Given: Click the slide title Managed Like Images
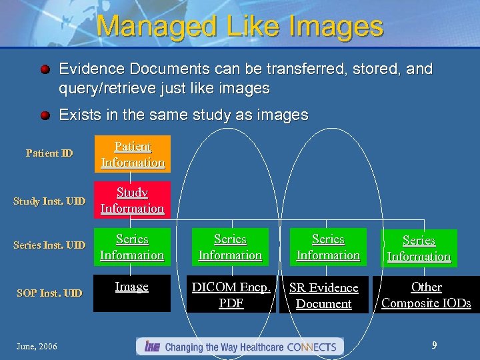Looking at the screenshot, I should point(240,26).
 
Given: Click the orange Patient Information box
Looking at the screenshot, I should point(132,154).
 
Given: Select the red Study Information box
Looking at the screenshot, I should point(132,200).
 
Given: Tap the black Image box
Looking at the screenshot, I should point(132,293).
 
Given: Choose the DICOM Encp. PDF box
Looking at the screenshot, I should point(231,295).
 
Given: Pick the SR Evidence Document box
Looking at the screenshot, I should point(324,295).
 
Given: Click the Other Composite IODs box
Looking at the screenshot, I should point(426,295).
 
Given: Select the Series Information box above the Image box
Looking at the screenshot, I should point(132,247).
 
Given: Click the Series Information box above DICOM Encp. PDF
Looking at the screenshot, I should point(230,247).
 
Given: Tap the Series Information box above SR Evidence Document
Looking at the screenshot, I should point(328,247).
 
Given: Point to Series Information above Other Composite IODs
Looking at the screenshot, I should point(419,248).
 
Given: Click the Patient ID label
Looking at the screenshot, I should point(49,153).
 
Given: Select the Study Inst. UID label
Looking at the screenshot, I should point(49,201).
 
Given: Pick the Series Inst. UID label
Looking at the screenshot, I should point(49,245).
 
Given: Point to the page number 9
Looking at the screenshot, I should point(434,345).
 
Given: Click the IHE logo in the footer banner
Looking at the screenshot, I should point(151,347).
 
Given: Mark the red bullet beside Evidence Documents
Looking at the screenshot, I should point(44,69).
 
